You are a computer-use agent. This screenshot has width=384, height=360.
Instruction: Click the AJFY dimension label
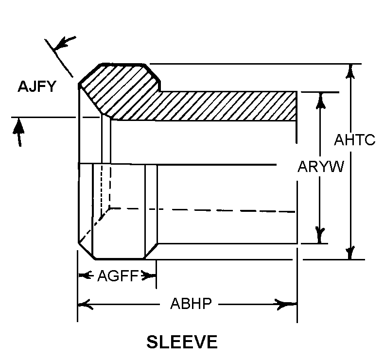[x=37, y=86]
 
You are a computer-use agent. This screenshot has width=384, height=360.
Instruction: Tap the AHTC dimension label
[x=354, y=140]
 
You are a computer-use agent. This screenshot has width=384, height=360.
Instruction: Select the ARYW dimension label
[x=321, y=167]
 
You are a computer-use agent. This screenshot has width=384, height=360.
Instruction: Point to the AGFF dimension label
[x=118, y=276]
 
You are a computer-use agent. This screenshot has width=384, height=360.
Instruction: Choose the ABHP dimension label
[x=191, y=304]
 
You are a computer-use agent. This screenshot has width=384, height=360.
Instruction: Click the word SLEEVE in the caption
[x=182, y=342]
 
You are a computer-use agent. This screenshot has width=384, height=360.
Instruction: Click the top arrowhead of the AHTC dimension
[x=350, y=71]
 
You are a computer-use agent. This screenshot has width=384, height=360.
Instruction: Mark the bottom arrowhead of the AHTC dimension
[x=350, y=253]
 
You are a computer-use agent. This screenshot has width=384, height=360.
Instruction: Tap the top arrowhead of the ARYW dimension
[x=320, y=101]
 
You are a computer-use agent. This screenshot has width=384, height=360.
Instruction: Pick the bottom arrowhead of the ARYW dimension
[x=320, y=236]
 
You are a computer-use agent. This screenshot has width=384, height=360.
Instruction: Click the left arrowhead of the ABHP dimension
[x=85, y=304]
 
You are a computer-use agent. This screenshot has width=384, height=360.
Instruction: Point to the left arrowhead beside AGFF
[x=86, y=275]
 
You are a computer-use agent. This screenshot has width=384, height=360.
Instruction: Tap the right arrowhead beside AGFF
[x=148, y=276]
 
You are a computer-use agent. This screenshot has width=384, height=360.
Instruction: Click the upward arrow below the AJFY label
[x=18, y=132]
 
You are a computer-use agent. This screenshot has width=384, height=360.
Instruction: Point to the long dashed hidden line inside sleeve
[x=202, y=210]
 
